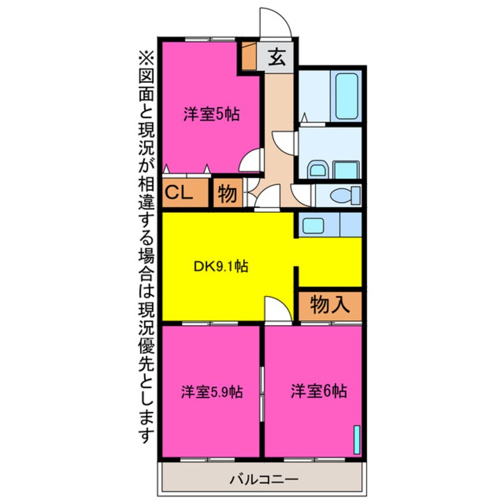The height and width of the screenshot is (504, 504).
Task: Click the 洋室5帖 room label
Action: [x=211, y=114]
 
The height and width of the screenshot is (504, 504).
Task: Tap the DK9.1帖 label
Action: [x=221, y=267]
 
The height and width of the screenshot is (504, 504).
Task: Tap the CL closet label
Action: [x=179, y=193]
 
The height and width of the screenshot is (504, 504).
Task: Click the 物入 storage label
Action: [x=329, y=306]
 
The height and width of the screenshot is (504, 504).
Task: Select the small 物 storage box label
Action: [x=226, y=194]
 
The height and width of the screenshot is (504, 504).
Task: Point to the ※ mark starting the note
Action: [x=146, y=58]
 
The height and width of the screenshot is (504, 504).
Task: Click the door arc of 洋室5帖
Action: [x=252, y=160]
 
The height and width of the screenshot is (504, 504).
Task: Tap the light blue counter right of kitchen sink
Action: [x=350, y=225]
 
